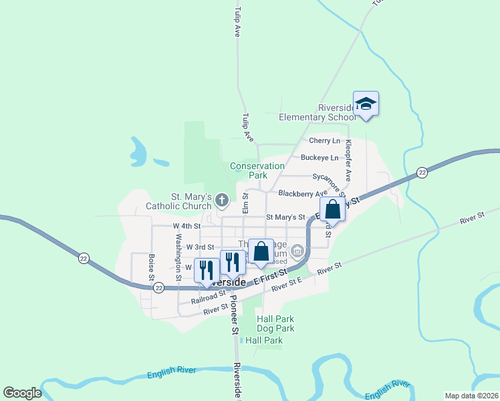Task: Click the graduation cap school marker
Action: coord(366,104)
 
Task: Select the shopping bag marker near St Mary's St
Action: coord(332,210)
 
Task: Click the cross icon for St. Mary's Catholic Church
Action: coord(222,199)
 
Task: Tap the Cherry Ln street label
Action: coord(324,141)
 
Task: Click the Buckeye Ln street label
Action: coord(320,158)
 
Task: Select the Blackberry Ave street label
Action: coord(303,194)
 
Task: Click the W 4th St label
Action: coord(186,227)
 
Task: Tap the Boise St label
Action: coord(152,266)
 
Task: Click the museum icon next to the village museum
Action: coord(297,251)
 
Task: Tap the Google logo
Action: coord(21,393)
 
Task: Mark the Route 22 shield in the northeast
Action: coord(422,173)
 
